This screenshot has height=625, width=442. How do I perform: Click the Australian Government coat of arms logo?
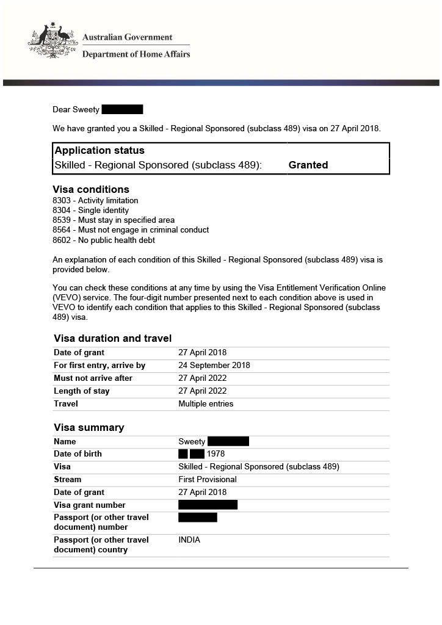pos(53,41)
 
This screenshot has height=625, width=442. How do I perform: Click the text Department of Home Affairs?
pos(136,54)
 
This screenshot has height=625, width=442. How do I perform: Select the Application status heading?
pos(100,150)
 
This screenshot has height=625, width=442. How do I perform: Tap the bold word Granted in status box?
pos(308,165)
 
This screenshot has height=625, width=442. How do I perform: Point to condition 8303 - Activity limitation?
pos(96,200)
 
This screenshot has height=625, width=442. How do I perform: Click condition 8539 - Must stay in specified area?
pos(114,220)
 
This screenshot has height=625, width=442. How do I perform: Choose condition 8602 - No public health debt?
pos(104,240)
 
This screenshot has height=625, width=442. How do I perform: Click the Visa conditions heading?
pos(91,189)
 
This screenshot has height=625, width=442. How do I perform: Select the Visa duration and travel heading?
pos(112,338)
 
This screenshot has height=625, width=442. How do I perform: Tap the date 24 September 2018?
pos(214,365)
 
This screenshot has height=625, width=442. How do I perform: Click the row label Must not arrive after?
pos(93,378)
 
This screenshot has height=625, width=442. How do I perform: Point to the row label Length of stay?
pos(82,391)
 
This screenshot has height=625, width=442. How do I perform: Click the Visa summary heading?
pos(89,427)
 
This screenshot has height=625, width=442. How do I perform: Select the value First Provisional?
pos(207,479)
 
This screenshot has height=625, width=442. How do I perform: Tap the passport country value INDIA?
pos(189,540)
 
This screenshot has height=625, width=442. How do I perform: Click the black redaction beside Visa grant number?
pos(208,505)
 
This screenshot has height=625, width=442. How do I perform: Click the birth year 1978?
pos(216,453)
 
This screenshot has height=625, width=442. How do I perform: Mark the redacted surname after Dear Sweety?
pos(122,109)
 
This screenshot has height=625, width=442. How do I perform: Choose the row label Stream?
pos(67,479)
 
